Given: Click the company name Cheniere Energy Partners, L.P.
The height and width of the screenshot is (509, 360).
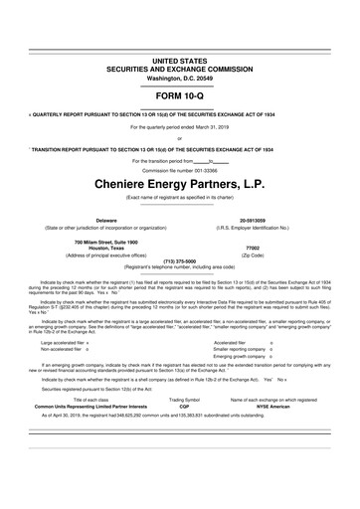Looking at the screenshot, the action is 180,183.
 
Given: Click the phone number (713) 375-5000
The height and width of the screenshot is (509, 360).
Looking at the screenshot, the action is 180,262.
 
